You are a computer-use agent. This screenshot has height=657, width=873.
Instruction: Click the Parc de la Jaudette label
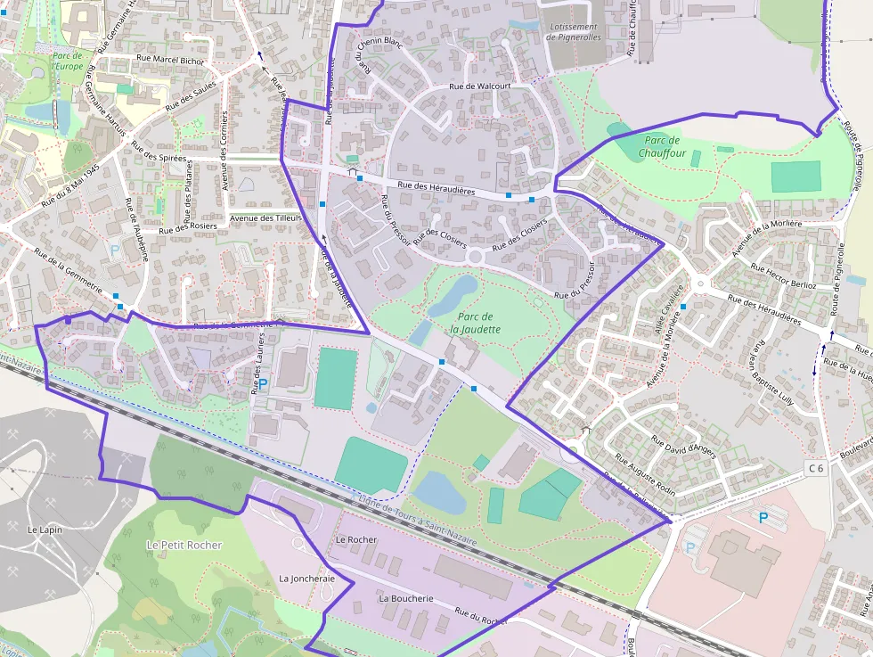click(x=475, y=323)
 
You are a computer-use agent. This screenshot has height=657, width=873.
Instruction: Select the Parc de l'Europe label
click(x=67, y=61)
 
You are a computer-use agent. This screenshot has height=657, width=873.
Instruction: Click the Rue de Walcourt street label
click(x=479, y=86)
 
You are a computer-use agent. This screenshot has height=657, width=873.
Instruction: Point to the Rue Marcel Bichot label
click(x=170, y=60)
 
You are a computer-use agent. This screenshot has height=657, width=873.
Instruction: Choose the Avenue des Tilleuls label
click(x=265, y=218)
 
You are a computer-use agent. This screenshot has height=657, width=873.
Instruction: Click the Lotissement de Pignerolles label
click(x=575, y=32)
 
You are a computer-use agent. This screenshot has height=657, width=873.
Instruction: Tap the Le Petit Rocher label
click(x=184, y=545)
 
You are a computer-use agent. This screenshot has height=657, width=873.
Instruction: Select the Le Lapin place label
click(x=45, y=530)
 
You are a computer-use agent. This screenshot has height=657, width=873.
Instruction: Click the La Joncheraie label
click(x=306, y=578)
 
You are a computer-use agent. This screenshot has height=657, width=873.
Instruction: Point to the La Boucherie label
click(x=405, y=598)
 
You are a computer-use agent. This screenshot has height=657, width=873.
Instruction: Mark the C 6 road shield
click(x=816, y=468)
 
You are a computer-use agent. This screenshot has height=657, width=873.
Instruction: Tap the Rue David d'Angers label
click(x=683, y=446)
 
